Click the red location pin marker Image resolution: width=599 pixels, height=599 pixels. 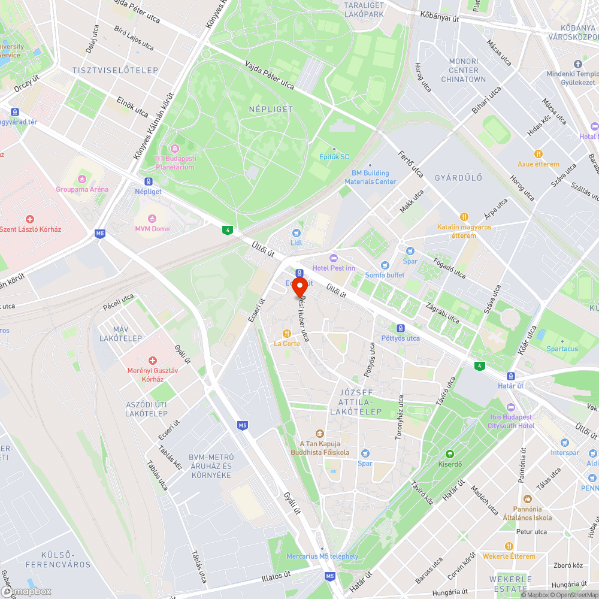pos(299,286)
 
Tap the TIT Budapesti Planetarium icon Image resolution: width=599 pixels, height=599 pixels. pos(174,148)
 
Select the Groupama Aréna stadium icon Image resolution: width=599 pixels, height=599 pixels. pos(82,179)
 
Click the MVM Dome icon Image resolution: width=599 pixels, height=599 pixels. pos(152,218)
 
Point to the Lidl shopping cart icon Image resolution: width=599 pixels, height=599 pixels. pos(296,232)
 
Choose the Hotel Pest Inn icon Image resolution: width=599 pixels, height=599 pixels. pos(334,258)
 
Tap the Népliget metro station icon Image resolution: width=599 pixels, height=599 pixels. pos(148,181)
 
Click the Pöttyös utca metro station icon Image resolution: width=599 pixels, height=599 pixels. pos(401,328)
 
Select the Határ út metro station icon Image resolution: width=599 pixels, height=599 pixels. pos(510,376)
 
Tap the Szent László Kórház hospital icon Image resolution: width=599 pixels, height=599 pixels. pos(29,219)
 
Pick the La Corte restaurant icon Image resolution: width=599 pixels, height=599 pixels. pos(287,333)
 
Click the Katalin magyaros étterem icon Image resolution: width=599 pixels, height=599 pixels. pos(464,217)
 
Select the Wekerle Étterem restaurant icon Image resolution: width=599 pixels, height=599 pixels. pos(509,546)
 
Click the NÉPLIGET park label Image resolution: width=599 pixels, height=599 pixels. pos(271,109)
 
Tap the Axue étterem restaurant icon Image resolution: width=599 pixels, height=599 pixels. pos(539,154)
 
